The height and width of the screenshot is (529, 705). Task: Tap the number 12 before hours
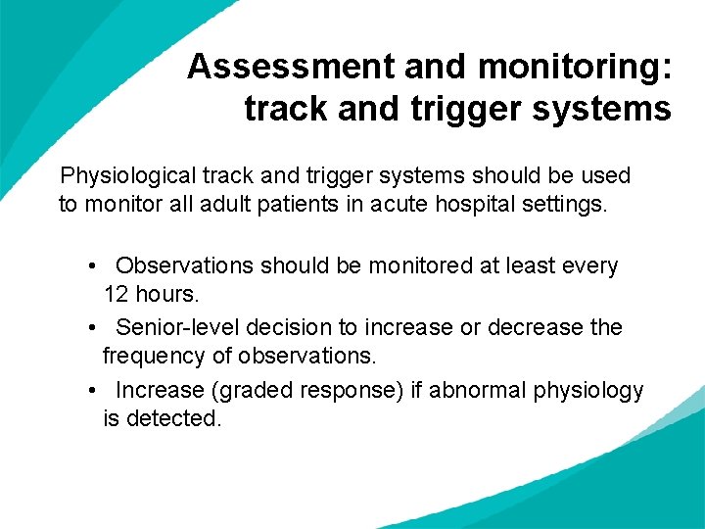(x=117, y=295)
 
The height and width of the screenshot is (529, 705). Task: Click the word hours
(x=166, y=295)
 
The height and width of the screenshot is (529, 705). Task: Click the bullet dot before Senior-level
(x=90, y=327)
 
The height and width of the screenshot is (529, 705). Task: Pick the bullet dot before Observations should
(x=90, y=266)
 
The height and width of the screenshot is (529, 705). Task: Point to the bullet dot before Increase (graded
(x=90, y=390)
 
